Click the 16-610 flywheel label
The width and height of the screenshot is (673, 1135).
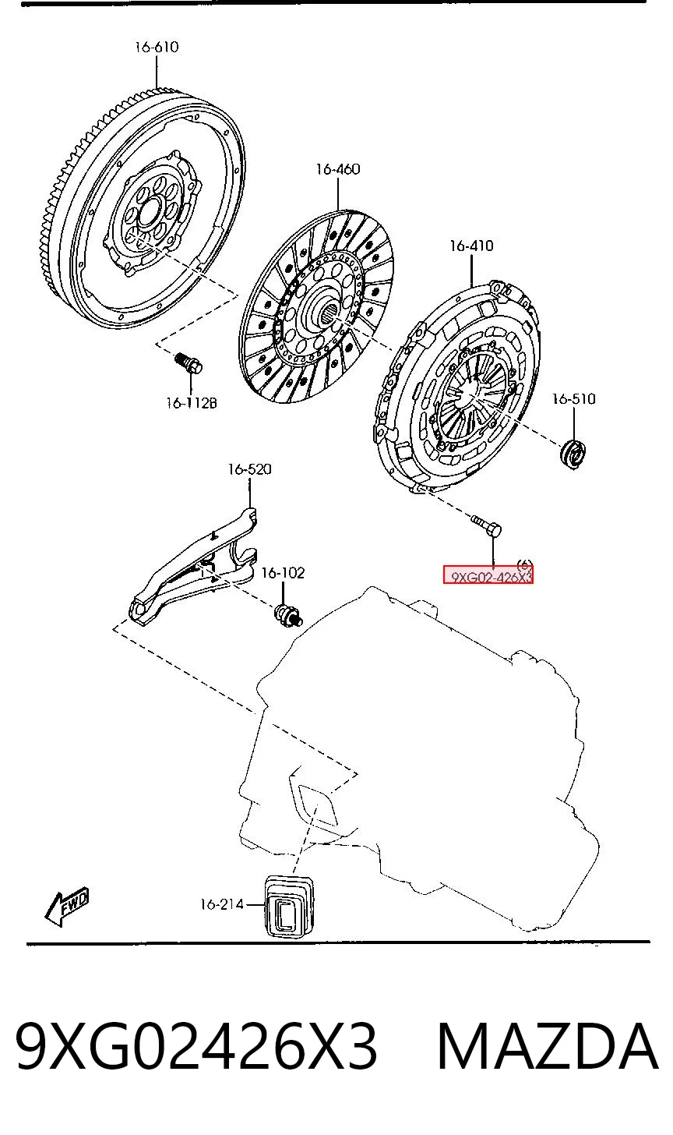[157, 47]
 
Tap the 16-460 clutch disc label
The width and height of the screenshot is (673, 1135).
[338, 169]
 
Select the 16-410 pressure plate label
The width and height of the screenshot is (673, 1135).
[471, 246]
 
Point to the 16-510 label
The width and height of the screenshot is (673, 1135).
[573, 399]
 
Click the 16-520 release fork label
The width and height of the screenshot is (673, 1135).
[250, 469]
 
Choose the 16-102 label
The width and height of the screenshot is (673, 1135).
[283, 573]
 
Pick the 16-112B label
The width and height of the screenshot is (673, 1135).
[192, 403]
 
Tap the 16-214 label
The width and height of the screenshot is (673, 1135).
[222, 904]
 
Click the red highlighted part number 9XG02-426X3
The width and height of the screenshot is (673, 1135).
[488, 575]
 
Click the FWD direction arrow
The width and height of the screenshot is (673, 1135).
[67, 906]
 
